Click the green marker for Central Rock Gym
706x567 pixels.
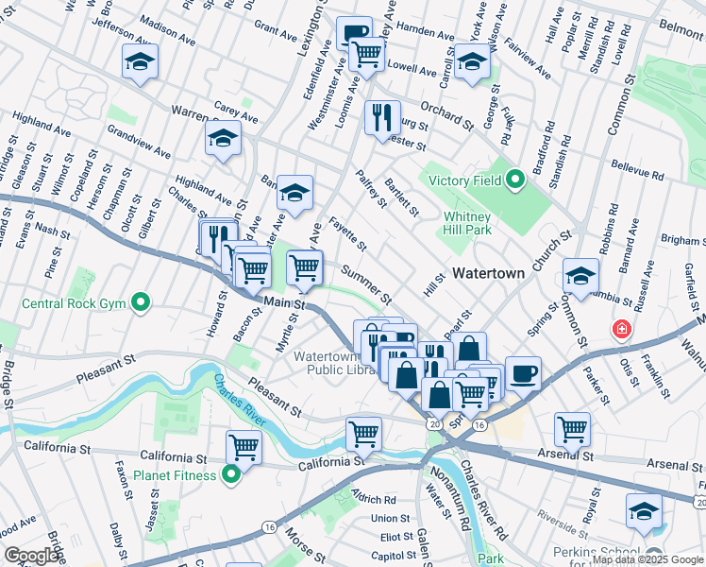[141, 303]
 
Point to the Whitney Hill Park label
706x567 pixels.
[469, 223]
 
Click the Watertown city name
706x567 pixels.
[487, 273]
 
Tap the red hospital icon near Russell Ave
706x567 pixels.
[622, 330]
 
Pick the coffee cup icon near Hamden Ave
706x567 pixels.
[354, 33]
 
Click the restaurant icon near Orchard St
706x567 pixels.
[382, 117]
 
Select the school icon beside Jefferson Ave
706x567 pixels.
[140, 62]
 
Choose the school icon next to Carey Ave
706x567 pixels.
[224, 139]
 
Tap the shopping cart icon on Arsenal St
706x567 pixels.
[572, 428]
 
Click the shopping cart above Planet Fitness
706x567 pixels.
[244, 446]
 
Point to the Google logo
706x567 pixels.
[31, 555]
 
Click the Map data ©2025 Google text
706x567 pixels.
[647, 559]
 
